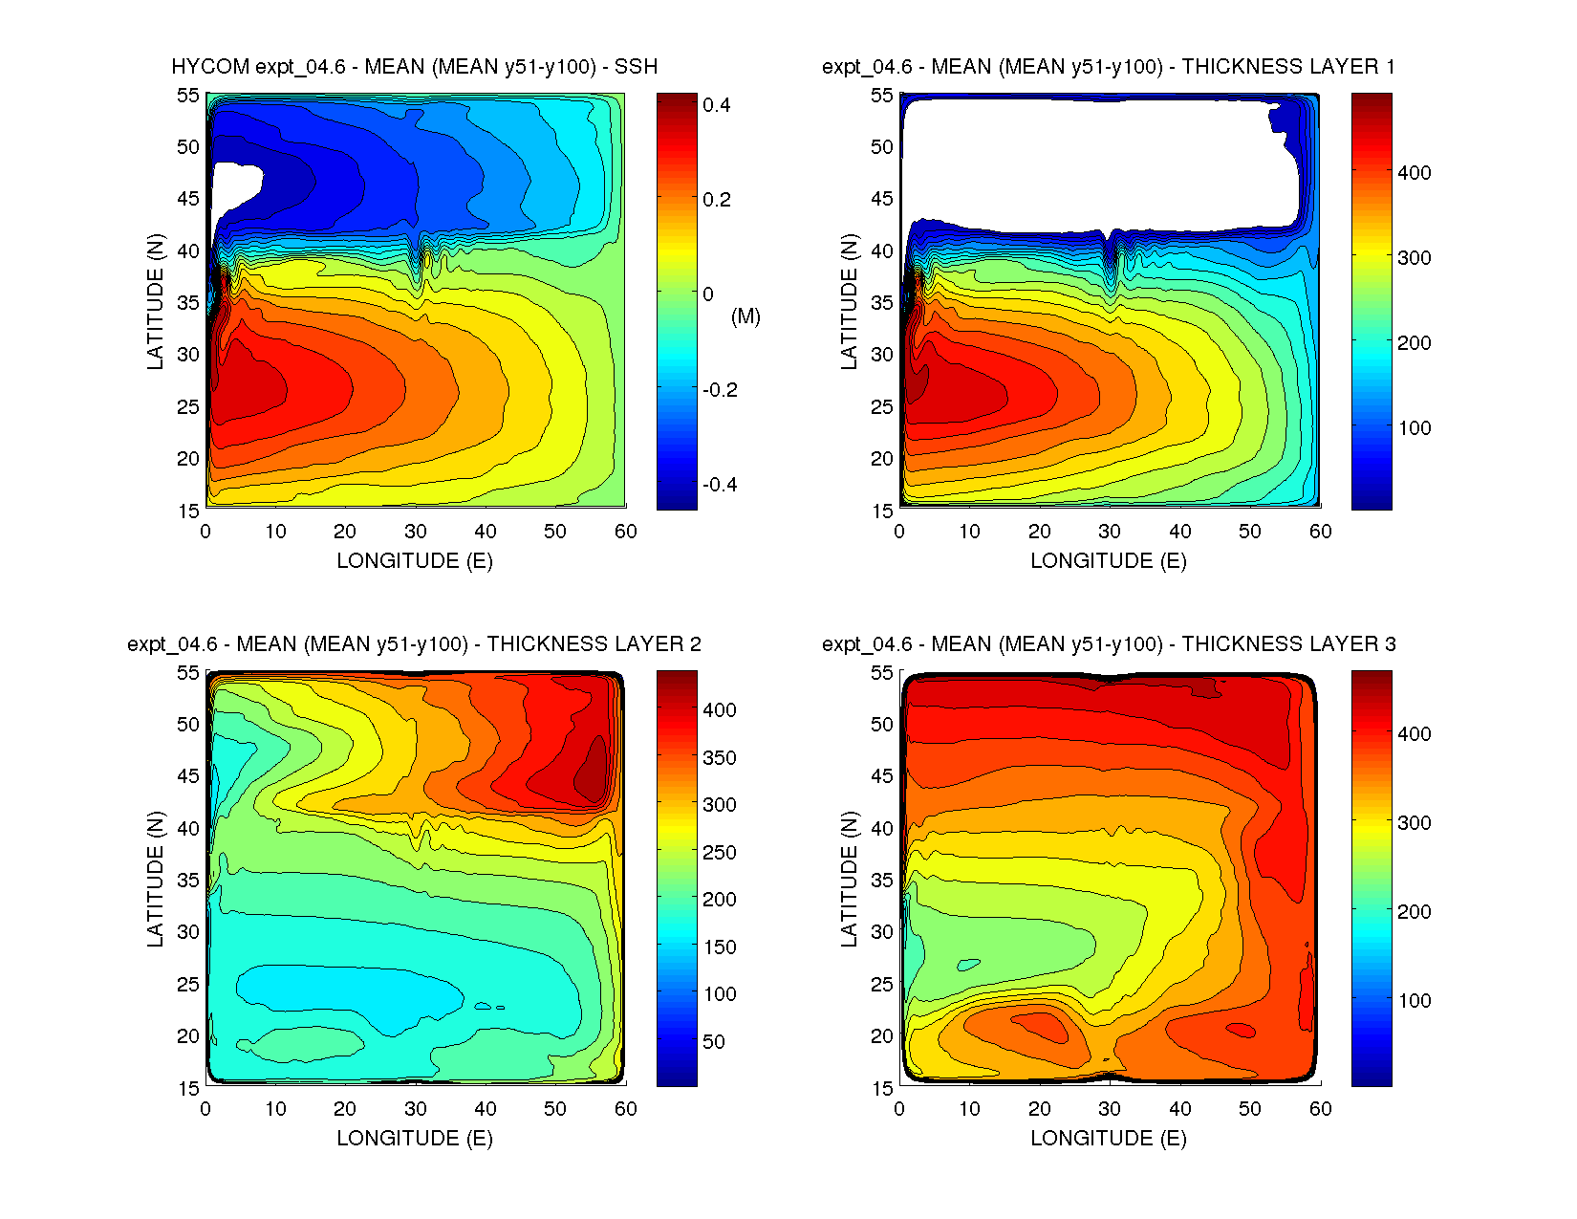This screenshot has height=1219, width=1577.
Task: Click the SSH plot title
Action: click(414, 67)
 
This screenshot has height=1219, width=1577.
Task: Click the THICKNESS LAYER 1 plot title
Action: click(1108, 67)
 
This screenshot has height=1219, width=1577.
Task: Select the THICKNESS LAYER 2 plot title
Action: click(414, 644)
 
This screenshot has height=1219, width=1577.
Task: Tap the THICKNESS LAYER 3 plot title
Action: click(1108, 644)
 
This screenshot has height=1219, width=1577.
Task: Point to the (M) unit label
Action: click(745, 316)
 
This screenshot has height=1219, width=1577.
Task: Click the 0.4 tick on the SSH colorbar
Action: click(717, 105)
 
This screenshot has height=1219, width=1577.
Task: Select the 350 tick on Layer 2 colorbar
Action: click(720, 758)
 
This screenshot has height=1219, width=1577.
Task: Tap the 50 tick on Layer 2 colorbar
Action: click(714, 1042)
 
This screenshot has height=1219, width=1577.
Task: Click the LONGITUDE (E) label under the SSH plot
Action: click(414, 561)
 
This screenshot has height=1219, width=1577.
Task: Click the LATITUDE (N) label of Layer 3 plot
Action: click(849, 879)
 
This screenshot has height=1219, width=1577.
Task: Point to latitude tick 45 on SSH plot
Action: click(188, 199)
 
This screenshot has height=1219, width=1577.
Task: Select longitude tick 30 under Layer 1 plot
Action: click(1110, 532)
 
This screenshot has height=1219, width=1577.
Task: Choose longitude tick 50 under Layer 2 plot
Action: click(555, 1109)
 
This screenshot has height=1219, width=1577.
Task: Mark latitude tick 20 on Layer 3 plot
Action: click(882, 1036)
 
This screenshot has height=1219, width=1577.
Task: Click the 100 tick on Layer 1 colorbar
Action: click(1415, 428)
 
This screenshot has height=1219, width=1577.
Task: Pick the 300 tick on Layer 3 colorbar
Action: click(1415, 823)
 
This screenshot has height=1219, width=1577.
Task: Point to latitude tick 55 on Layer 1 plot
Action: click(882, 96)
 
